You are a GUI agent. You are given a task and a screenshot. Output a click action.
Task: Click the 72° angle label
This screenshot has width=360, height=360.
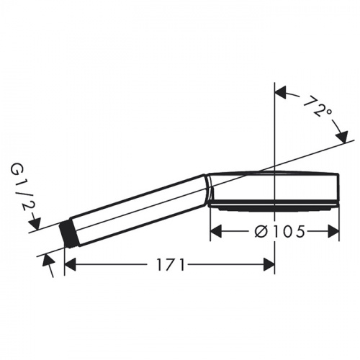pos(317,107)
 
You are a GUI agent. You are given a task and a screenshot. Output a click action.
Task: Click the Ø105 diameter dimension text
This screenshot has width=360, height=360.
pos(280,232)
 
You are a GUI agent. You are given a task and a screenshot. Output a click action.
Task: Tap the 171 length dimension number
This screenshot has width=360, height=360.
pos(171,265)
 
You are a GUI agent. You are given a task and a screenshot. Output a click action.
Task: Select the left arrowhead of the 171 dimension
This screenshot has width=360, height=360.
pos(70,264)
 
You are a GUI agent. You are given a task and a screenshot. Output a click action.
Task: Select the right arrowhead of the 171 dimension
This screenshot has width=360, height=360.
pos(269,264)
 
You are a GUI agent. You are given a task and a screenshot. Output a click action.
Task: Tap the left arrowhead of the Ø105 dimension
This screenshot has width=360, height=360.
pos(215,232)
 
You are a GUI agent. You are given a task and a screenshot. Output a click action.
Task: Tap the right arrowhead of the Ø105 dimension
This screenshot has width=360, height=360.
pos(334,232)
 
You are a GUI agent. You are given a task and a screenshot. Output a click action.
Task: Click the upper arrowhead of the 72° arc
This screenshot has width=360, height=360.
pos(280,92)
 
